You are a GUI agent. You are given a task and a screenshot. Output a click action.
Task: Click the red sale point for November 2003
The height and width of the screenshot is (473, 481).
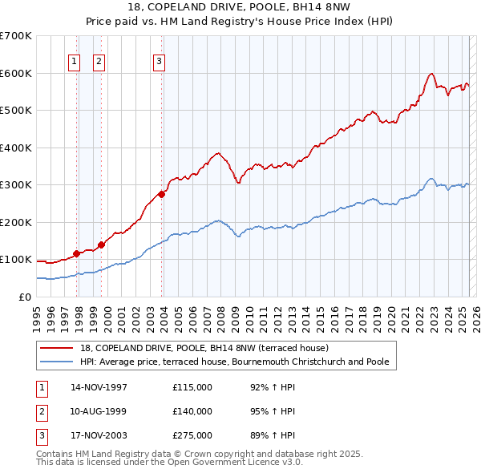[x=162, y=193]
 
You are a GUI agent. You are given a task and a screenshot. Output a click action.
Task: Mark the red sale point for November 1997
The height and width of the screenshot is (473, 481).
[x=77, y=253]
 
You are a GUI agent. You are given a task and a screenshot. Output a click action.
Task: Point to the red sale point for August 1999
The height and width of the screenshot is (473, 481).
[x=102, y=245]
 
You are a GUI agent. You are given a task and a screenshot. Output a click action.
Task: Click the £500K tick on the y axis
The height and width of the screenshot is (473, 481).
[x=16, y=110]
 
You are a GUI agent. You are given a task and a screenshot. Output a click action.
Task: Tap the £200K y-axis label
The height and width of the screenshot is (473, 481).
[x=16, y=222]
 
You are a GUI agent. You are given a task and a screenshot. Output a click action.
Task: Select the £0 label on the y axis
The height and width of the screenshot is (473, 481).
[x=24, y=297]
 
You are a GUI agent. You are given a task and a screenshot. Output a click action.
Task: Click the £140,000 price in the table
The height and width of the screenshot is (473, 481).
[x=192, y=411]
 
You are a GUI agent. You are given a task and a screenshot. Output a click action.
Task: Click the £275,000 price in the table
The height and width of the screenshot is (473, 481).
[x=192, y=435]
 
